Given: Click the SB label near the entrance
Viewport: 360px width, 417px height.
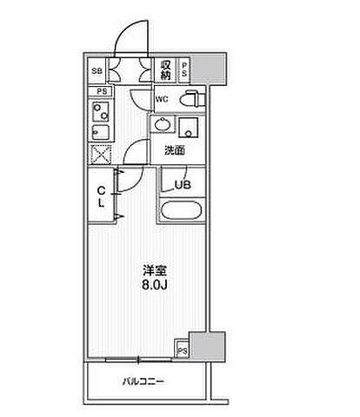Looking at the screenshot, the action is [97, 70].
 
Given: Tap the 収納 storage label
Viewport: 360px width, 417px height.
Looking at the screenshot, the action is [166, 69].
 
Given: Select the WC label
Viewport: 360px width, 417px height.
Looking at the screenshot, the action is [162, 99].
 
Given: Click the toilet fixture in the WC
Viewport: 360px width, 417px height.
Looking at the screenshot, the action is [191, 99].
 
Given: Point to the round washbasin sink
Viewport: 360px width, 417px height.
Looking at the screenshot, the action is [162, 125].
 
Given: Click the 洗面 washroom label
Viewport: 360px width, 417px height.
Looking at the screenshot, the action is [175, 150].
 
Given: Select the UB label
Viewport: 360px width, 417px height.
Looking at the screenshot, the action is [183, 184].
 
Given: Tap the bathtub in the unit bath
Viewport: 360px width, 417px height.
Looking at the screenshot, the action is [182, 210].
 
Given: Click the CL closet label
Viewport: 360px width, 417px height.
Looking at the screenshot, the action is [101, 197].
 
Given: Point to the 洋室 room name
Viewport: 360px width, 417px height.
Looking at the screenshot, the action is [155, 271].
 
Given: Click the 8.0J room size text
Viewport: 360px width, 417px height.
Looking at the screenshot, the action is [155, 286].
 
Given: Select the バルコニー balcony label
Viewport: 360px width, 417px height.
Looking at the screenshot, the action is [143, 381].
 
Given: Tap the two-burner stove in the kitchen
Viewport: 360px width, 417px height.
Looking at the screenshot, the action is [100, 111].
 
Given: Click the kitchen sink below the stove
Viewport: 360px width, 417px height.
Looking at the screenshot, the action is [100, 133].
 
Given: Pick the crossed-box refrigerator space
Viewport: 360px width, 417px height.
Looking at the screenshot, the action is [101, 155].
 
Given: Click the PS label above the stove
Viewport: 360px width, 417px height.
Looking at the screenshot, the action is [102, 91].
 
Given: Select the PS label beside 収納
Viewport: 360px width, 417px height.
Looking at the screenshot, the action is [184, 69].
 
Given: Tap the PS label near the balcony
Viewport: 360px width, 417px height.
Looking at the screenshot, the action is [183, 351].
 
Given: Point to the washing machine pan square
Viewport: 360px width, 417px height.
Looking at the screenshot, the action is [189, 128].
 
